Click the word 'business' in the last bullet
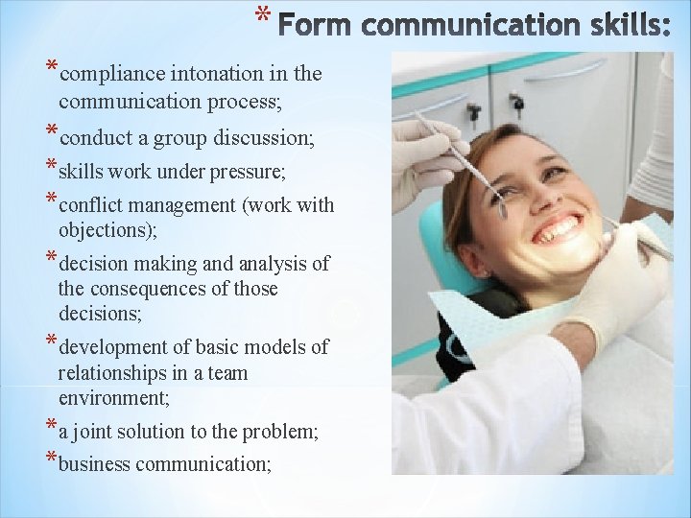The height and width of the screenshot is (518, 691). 95,464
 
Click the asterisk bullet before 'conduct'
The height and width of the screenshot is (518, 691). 50,133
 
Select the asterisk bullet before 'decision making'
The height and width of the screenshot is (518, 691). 50,259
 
